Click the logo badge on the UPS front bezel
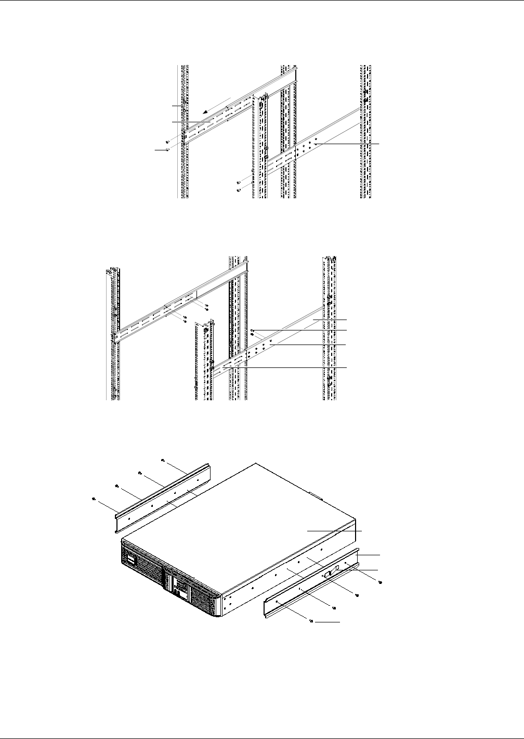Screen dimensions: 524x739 pyautogui.click(x=129, y=560)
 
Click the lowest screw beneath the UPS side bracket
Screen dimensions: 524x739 pyautogui.click(x=311, y=621)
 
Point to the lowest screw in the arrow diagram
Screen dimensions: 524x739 pyautogui.click(x=238, y=190)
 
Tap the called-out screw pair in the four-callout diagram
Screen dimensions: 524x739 pyautogui.click(x=252, y=333)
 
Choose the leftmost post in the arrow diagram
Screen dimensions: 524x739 pyautogui.click(x=183, y=130)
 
